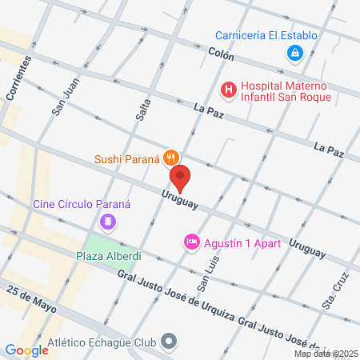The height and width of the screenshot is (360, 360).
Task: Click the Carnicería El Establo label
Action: (267, 34)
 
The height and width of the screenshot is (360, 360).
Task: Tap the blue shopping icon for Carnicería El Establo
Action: (295, 53)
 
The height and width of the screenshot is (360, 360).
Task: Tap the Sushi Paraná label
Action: (127, 158)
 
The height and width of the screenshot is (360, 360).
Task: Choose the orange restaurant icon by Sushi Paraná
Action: (170, 158)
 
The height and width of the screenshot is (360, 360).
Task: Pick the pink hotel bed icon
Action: (191, 242)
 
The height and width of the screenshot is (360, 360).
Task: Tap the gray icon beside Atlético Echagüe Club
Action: (169, 341)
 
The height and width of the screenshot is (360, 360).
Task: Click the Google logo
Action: (26, 350)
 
